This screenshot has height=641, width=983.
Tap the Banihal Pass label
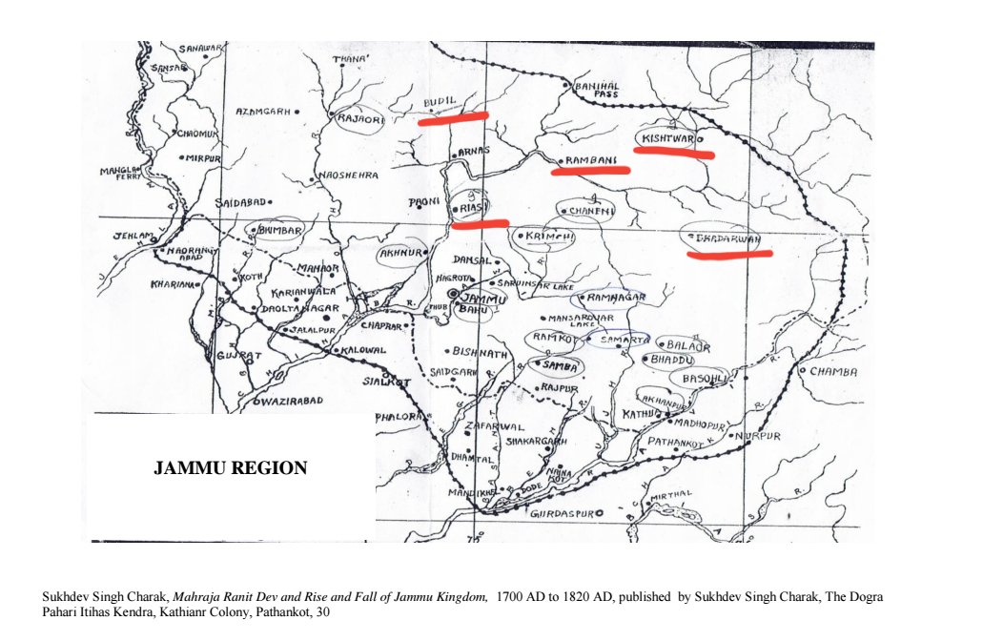tap(598, 90)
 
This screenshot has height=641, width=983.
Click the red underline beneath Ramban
tap(590, 171)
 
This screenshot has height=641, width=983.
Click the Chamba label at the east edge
tap(833, 371)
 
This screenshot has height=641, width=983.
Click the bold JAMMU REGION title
tap(231, 468)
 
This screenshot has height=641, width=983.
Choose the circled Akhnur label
tap(400, 254)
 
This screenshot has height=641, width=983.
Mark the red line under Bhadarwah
tap(728, 254)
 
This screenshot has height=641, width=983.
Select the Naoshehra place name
tap(349, 176)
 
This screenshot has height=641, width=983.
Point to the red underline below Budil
tap(453, 118)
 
